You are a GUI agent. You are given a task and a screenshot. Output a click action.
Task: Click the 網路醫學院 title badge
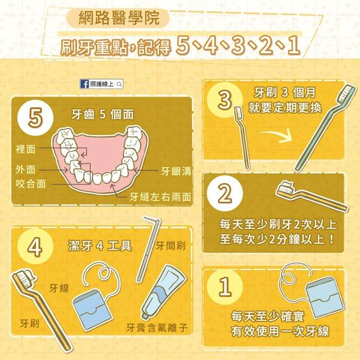point(118,18)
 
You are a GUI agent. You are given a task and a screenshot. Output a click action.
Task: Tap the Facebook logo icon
point(85,84)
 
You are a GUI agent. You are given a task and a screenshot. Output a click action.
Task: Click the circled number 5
point(35,118)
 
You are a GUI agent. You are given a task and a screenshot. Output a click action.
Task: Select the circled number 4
point(35,247)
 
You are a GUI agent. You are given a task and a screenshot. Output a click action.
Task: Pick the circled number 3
point(225,100)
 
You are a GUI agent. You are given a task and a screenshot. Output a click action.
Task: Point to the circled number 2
point(225,193)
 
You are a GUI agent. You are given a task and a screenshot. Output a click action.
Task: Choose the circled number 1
point(225,287)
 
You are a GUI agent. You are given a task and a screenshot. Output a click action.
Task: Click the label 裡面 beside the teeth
point(25,149)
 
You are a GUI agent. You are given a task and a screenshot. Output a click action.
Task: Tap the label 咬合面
point(31,184)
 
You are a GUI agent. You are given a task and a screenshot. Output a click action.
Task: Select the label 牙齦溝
point(176,172)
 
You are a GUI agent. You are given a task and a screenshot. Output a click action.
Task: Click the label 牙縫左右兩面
point(160,197)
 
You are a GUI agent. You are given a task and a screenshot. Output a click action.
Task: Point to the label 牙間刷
point(171,245)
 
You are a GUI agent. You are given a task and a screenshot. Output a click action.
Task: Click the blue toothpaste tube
point(163,292)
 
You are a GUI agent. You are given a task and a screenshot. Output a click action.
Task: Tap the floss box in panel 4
point(92,310)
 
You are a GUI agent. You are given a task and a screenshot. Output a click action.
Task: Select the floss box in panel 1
point(325,297)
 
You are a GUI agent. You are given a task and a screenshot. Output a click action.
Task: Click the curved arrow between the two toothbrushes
point(277,135)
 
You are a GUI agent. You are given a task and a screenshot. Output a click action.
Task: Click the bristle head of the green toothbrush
point(347,94)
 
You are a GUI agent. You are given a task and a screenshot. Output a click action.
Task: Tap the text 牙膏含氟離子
point(157,328)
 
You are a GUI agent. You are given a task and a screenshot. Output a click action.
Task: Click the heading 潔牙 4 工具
point(100,246)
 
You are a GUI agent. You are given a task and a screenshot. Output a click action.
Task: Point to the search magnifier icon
point(119,84)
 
